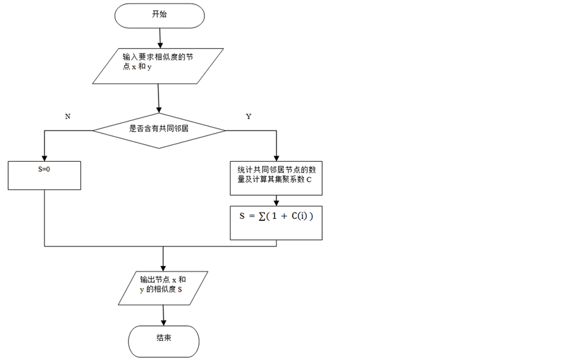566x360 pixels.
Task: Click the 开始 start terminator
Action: [160, 15]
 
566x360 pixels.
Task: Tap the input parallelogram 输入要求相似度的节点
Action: [158, 65]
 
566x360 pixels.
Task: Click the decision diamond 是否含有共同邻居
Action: [159, 130]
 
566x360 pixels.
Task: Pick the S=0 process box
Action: [45, 175]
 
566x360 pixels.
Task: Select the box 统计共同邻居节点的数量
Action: [276, 175]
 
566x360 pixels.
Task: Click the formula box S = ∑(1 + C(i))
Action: [276, 223]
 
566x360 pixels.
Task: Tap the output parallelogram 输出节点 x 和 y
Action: [163, 287]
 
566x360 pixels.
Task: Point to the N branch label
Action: [67, 117]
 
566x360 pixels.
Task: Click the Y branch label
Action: [249, 117]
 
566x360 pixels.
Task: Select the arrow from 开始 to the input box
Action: [160, 38]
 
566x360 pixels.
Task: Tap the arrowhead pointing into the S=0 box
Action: [45, 157]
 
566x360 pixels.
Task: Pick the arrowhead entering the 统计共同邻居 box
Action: [276, 157]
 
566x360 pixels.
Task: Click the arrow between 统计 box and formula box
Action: [276, 198]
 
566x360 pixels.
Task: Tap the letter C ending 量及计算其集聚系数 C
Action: [309, 180]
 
